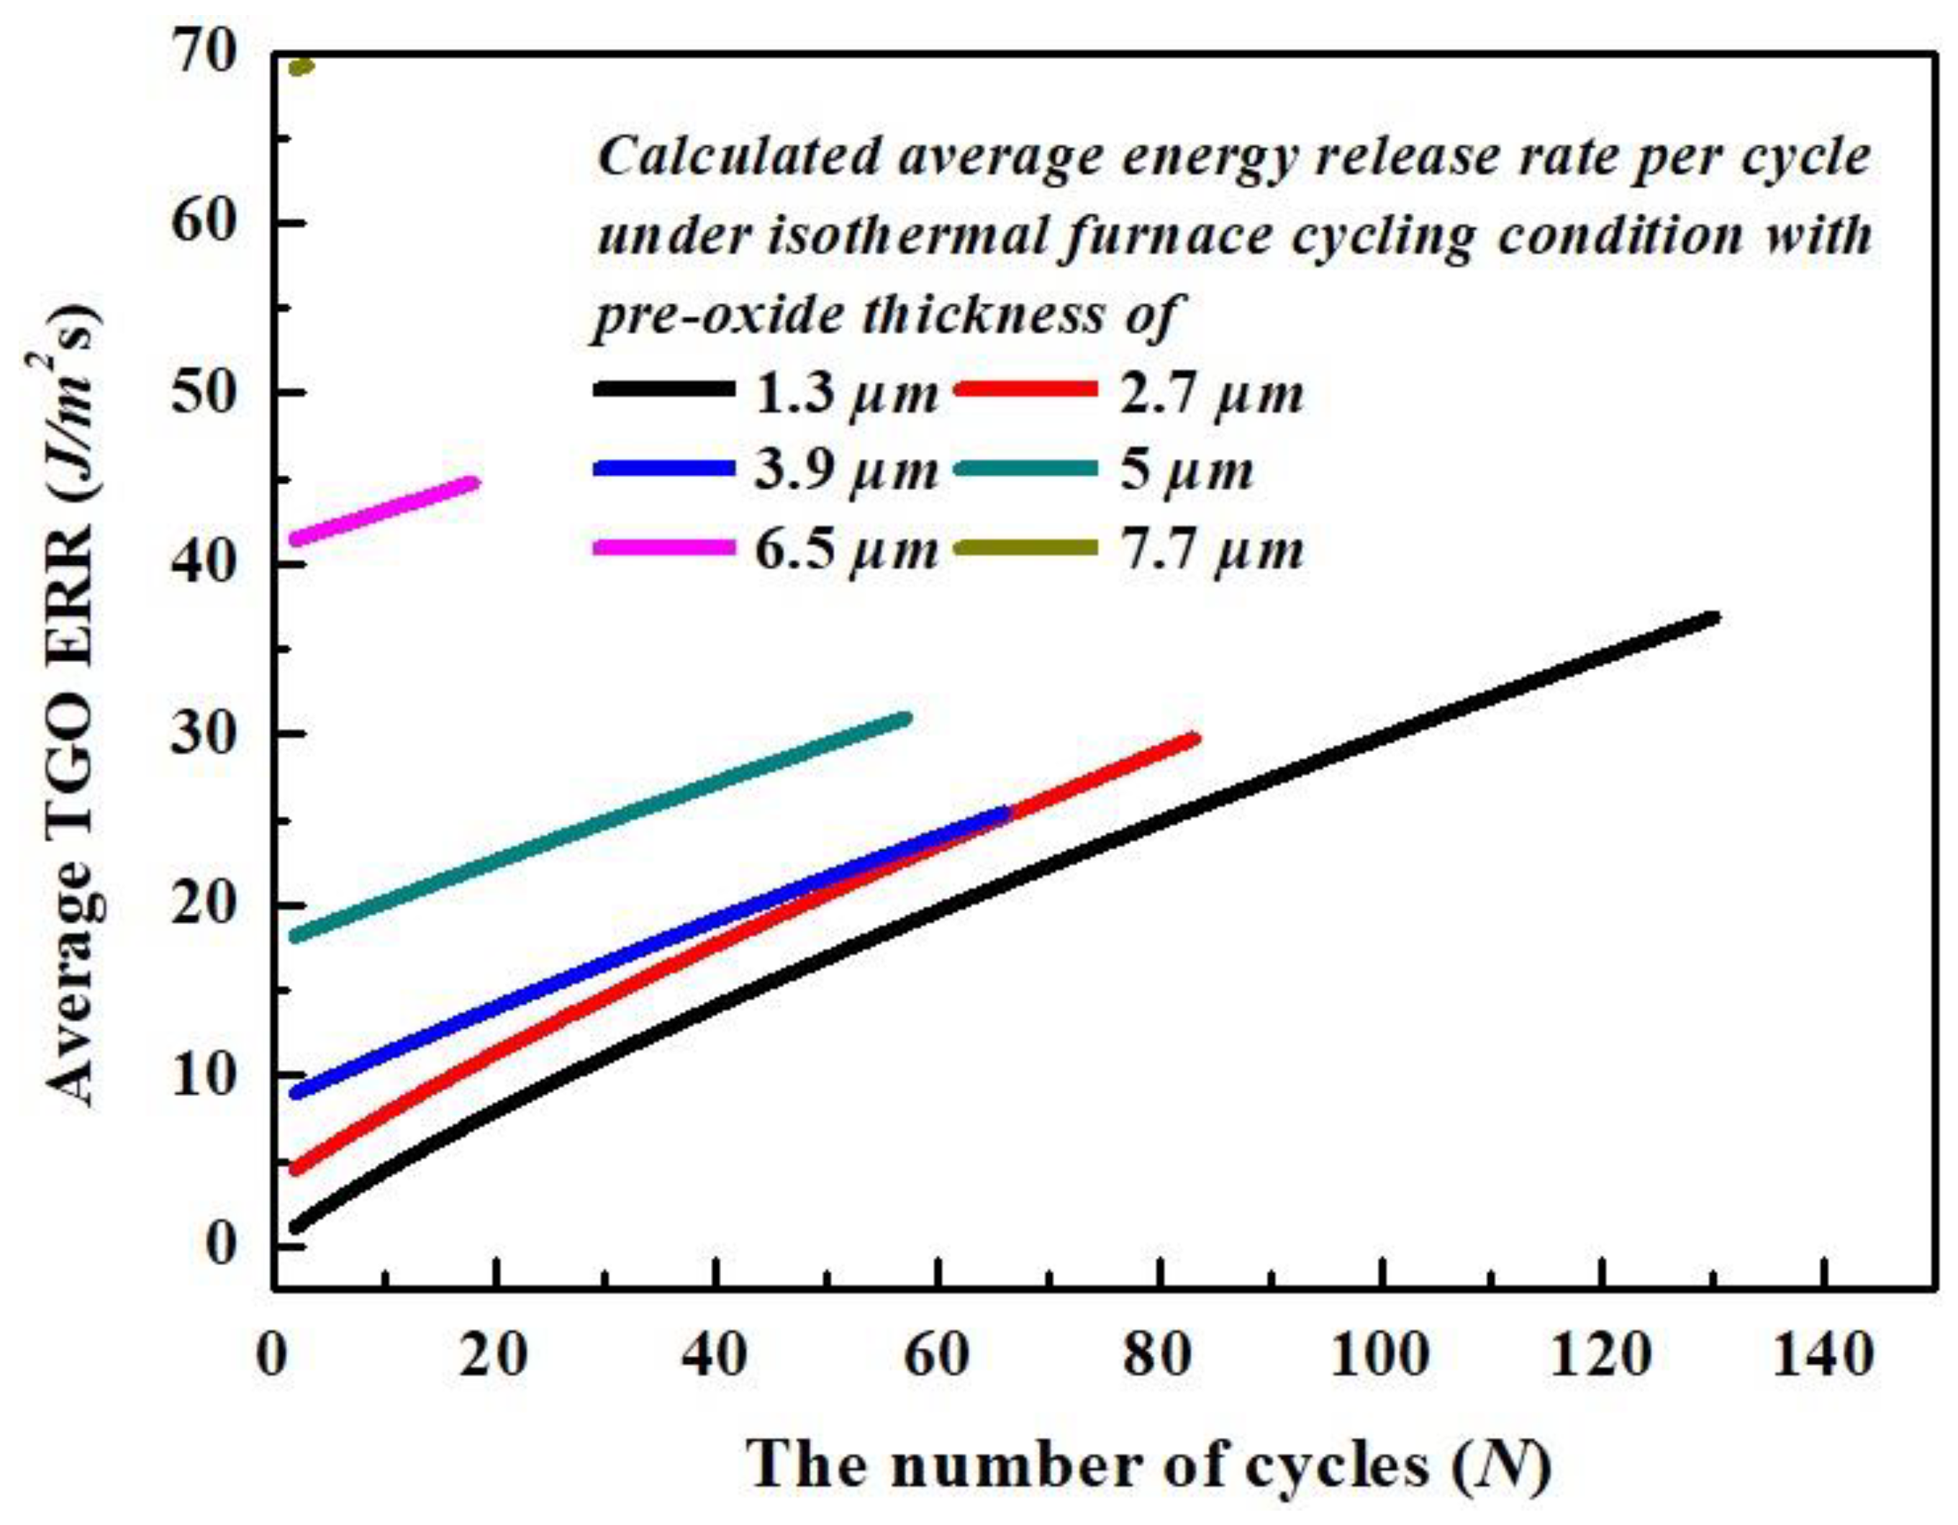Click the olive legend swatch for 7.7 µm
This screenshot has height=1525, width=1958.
point(1028,546)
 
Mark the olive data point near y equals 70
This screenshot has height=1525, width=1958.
point(302,66)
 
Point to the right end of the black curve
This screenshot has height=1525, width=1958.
point(1713,617)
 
